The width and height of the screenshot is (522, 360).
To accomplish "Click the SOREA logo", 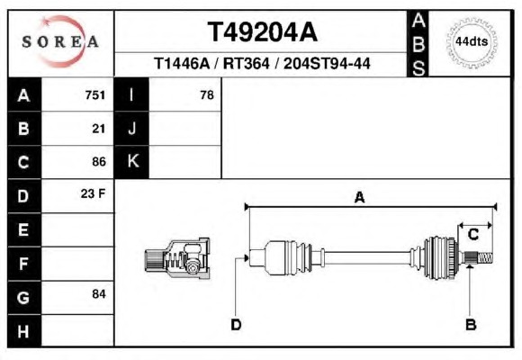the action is point(60,41).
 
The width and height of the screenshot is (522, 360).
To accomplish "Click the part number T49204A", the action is point(263,32).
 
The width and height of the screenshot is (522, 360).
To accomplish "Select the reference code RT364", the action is point(246,63).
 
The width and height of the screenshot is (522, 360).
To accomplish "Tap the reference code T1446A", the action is point(182,63).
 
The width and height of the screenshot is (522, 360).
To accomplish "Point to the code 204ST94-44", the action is point(327,63).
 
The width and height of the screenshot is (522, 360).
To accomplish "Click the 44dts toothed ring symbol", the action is point(472,42).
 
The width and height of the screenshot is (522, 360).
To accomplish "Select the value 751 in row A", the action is point(95,95).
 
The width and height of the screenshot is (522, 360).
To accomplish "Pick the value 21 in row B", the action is point(99,129).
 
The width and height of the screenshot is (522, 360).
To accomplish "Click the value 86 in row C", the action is point(99,162).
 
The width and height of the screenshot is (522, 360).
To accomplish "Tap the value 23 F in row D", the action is point(93,193).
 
